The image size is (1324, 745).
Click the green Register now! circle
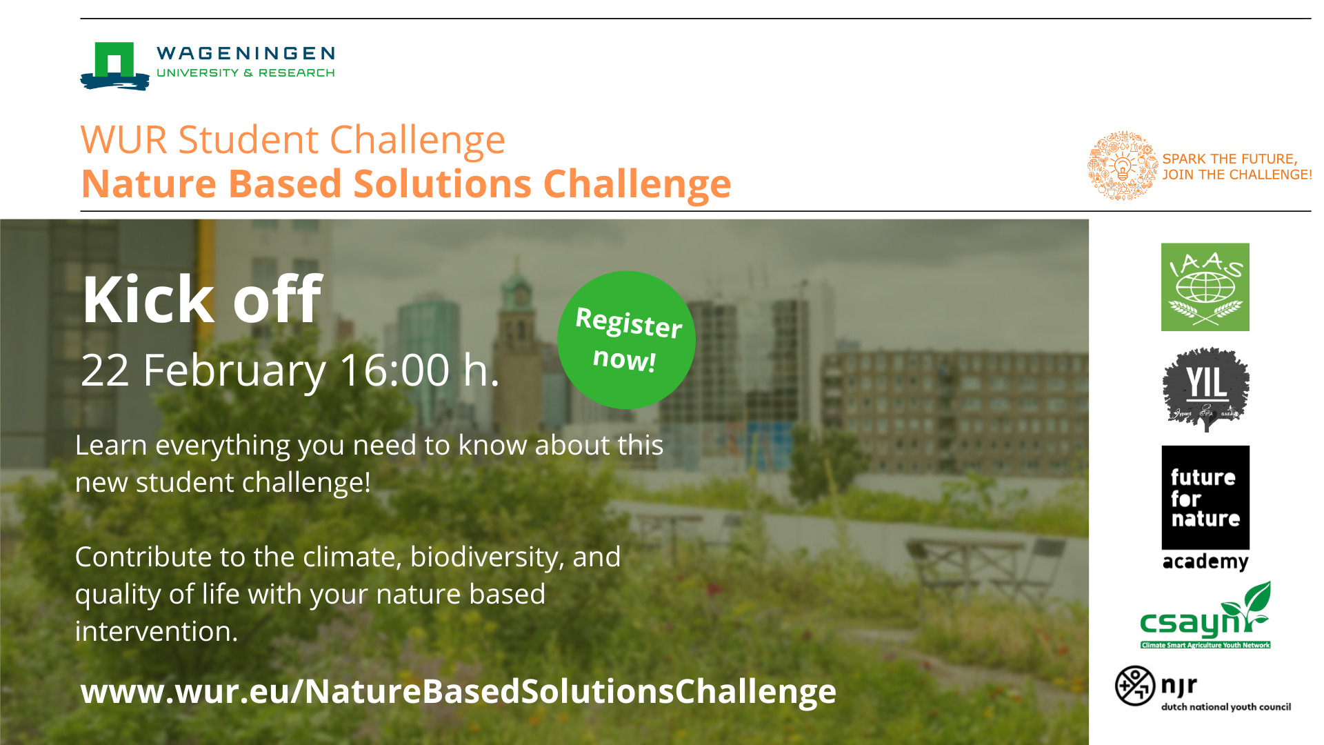[626, 339]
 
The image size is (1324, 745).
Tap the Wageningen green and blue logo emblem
[114, 66]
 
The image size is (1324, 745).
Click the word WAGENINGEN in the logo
[245, 54]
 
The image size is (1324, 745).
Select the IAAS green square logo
[1205, 287]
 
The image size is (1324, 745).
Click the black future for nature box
[1205, 497]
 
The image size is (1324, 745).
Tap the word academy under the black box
[1205, 562]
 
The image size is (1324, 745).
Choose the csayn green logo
[1205, 615]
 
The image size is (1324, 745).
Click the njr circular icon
[1134, 686]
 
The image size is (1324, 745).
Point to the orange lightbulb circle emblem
[1123, 166]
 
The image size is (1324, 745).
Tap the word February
[234, 372]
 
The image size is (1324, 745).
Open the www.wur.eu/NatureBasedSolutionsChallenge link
[459, 691]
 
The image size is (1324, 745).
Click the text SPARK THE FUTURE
[1230, 159]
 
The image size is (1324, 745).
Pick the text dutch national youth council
[1226, 706]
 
